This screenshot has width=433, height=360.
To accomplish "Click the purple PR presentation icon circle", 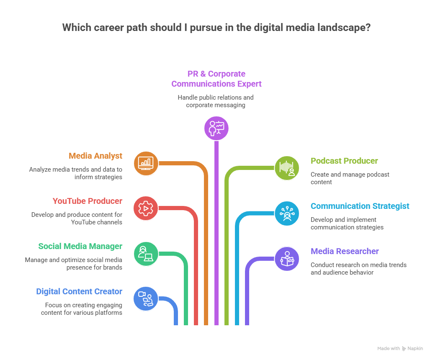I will coord(216,128).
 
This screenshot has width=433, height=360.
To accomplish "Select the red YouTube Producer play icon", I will coord(146,208).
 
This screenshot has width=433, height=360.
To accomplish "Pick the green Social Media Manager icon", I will coord(146,253).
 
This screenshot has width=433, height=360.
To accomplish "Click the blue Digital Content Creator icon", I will coord(146,298).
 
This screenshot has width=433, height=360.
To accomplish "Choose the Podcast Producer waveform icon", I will coord(287,168).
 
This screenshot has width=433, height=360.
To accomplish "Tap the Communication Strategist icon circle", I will coord(287,213).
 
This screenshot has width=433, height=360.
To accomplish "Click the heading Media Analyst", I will coord(95,156).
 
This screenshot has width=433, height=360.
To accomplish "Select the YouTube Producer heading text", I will coord(87,201).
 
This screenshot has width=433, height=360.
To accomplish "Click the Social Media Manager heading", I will coord(80,246).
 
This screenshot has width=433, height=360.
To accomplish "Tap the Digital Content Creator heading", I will coord(79,291).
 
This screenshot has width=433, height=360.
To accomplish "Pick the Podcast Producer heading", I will coord(344,161).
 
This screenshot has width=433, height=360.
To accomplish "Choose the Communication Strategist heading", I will coord(360,206).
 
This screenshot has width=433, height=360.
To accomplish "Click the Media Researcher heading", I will coord(345,251).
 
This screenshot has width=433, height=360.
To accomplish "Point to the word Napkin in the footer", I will coord(415,348).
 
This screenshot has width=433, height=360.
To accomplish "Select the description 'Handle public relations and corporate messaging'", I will coord(216,101).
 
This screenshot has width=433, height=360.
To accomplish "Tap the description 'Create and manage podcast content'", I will coord(350,178).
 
